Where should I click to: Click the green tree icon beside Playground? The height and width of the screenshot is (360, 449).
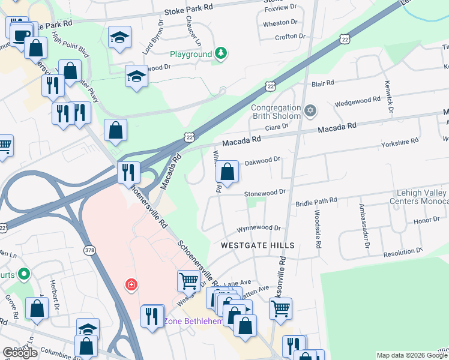[x=221, y=54]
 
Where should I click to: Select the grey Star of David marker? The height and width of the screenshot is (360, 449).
[x=310, y=110]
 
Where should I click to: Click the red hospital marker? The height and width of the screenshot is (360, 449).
[x=130, y=284]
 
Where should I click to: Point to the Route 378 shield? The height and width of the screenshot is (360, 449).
[x=89, y=251]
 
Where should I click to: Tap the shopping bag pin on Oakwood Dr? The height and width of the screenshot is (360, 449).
[x=228, y=172]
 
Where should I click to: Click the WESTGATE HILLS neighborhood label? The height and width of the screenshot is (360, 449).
[x=258, y=246]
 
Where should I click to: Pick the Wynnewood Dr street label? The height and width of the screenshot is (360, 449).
[x=259, y=228]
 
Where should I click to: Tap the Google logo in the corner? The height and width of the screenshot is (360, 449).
[x=20, y=352]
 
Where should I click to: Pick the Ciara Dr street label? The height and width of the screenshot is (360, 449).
[x=277, y=127]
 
